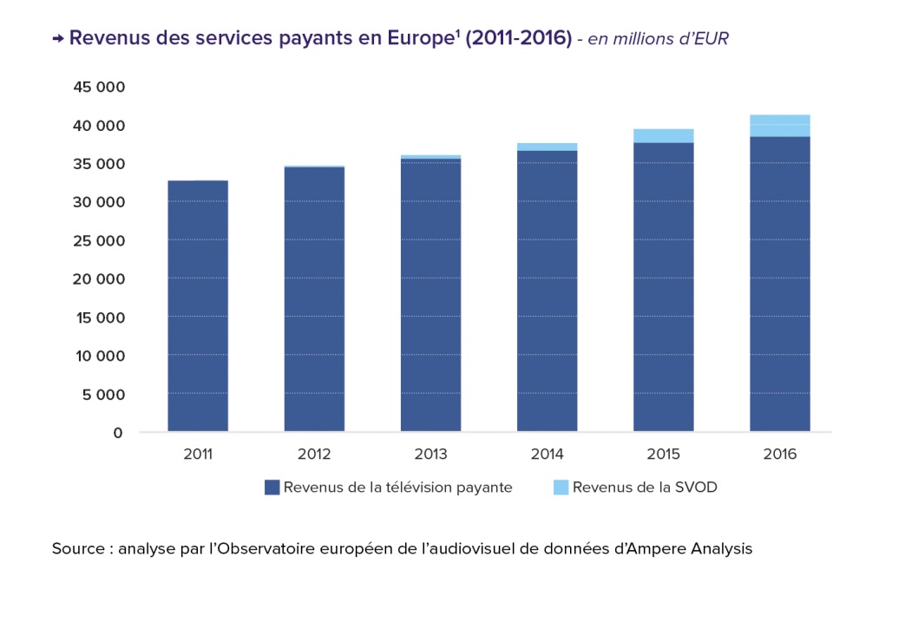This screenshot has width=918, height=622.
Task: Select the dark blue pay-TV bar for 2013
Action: coord(430,295)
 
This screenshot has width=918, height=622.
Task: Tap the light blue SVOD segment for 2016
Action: coord(780,126)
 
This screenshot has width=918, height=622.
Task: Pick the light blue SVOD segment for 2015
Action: coord(664,135)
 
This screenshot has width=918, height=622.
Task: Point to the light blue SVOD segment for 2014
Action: coord(548,147)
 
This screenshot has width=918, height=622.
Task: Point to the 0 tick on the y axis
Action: coord(117,433)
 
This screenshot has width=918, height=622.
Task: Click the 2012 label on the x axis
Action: coord(314,454)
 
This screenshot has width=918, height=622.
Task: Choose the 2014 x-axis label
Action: coord(548,454)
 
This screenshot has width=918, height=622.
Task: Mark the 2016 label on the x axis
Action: coord(780,454)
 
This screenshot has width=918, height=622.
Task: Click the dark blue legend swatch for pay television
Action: coord(272,488)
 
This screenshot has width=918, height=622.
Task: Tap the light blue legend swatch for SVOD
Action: coord(561,488)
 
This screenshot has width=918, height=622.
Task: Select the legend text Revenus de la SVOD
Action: coord(645,488)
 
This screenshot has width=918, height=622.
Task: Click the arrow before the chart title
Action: coord(58,39)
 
